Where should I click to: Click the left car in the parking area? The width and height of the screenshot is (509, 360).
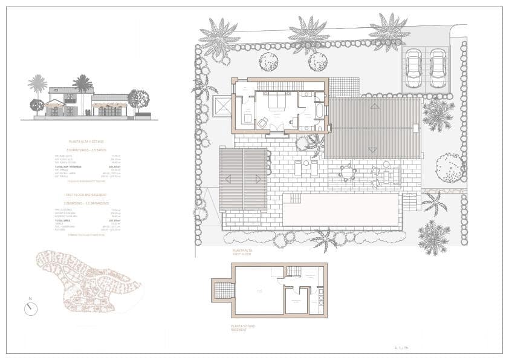pyautogui.click(x=413, y=68)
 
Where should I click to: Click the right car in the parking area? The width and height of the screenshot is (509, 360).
pyautogui.click(x=438, y=68)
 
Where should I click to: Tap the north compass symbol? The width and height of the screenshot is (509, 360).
pyautogui.click(x=31, y=308)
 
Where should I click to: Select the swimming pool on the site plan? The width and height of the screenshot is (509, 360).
pyautogui.click(x=340, y=209)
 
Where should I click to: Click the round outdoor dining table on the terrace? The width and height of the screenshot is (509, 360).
pyautogui.click(x=347, y=172)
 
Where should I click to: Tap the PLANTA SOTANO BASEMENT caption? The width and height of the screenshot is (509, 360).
pyautogui.click(x=243, y=328)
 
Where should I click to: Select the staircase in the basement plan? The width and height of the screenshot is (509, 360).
pyautogui.click(x=293, y=271)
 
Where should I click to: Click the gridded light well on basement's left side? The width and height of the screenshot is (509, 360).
pyautogui.click(x=224, y=291)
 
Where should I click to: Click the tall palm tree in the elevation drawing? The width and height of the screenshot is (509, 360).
pyautogui.click(x=82, y=85)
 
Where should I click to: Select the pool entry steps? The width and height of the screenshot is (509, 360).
pyautogui.click(x=296, y=198)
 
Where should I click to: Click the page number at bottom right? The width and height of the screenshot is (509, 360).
pyautogui.click(x=401, y=347)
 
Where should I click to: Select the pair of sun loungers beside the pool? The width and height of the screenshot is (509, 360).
pyautogui.click(x=306, y=168)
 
